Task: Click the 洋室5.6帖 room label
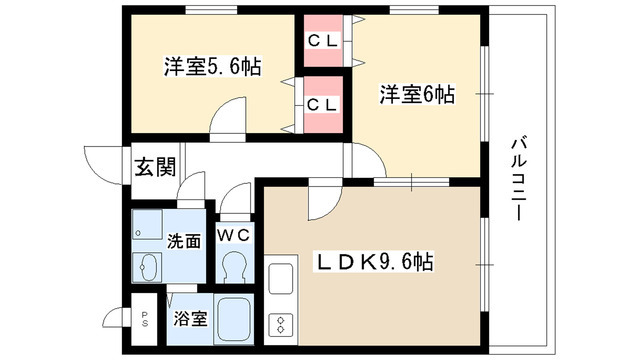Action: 212,68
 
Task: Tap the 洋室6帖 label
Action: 416,96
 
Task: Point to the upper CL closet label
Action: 322,41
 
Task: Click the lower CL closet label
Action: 322,104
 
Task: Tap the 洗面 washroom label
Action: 183,241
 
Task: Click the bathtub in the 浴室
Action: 236,319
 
